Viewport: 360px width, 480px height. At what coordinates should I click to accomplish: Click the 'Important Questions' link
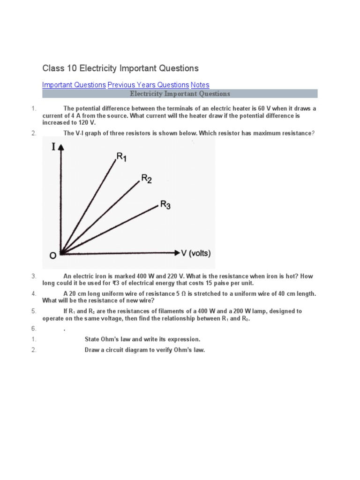point(74,85)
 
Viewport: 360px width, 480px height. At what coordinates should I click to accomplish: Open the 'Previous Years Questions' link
point(148,85)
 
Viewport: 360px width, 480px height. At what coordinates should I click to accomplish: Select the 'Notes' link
point(200,85)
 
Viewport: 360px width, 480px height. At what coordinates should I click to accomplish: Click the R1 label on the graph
point(121,157)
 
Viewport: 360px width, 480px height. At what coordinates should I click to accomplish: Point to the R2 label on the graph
point(146,179)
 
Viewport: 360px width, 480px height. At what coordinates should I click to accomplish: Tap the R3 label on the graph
point(165,204)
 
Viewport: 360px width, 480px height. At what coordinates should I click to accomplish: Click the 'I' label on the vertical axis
point(53,147)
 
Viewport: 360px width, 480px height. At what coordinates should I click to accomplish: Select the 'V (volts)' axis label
point(196,253)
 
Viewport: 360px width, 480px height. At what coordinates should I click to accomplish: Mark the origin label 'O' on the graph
point(52,255)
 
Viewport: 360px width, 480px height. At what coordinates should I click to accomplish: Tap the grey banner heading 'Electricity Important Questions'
point(180,94)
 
